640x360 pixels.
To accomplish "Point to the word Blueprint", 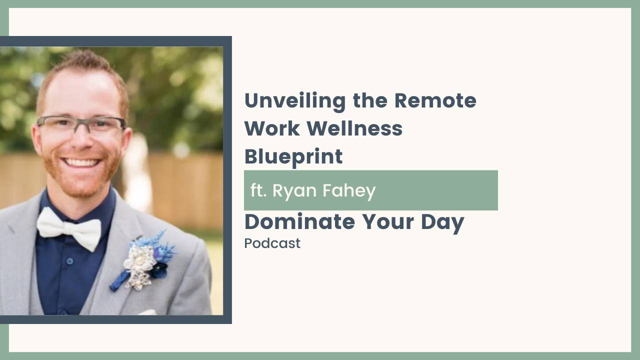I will pyautogui.click(x=293, y=157).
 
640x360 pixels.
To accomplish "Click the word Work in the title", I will pyautogui.click(x=271, y=129).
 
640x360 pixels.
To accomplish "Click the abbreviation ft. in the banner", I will pyautogui.click(x=258, y=190).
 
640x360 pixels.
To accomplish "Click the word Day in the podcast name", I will pyautogui.click(x=443, y=222).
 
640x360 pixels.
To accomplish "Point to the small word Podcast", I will pyautogui.click(x=272, y=243).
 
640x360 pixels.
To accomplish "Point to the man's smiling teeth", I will pyautogui.click(x=82, y=162).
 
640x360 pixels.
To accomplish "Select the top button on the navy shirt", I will pyautogui.click(x=69, y=260).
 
